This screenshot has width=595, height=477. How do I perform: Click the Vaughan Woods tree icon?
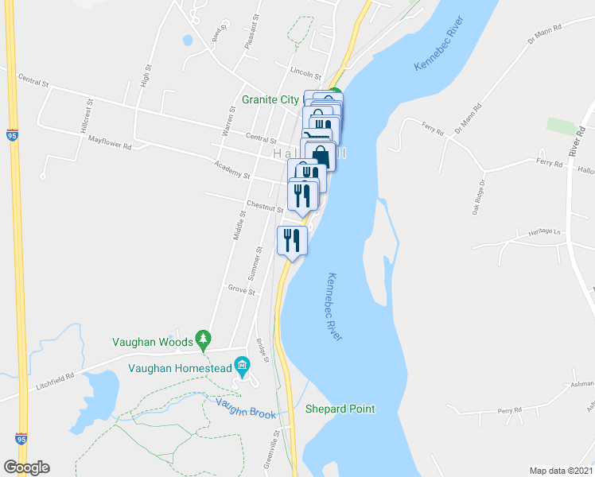[204, 339]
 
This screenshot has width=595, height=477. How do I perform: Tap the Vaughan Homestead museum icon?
[243, 366]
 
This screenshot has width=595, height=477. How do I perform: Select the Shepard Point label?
[340, 409]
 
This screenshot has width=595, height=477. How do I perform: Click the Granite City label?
[270, 99]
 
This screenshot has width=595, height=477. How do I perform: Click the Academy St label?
[231, 170]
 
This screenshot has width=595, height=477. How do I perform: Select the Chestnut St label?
[265, 207]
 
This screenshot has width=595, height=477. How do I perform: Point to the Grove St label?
[241, 291]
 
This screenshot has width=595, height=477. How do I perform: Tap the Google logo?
[27, 467]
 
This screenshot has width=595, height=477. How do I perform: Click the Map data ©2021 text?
[561, 470]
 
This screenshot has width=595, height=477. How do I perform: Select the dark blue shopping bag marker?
[319, 156]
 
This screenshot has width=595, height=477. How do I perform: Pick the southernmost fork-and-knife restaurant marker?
[291, 239]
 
